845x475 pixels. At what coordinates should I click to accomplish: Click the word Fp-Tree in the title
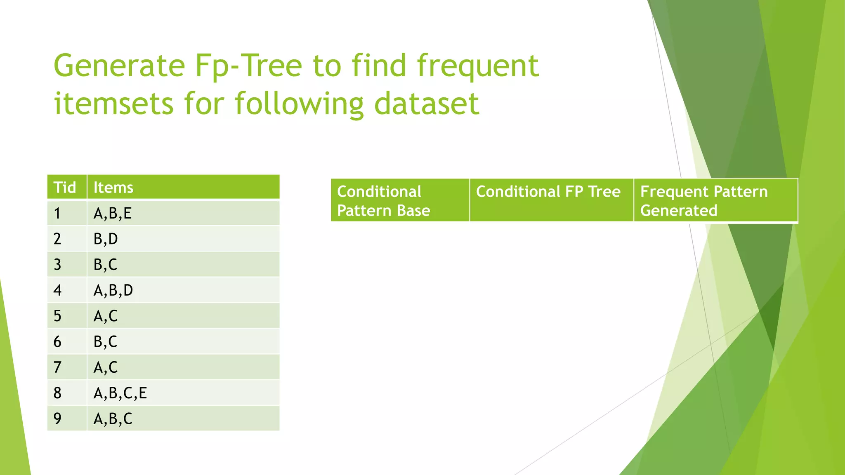tap(248, 66)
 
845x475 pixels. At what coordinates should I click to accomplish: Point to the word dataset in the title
tap(427, 103)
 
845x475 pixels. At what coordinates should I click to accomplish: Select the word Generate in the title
tap(119, 66)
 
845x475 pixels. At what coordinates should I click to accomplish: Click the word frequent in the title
tap(477, 66)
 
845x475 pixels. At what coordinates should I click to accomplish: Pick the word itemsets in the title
tap(113, 103)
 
